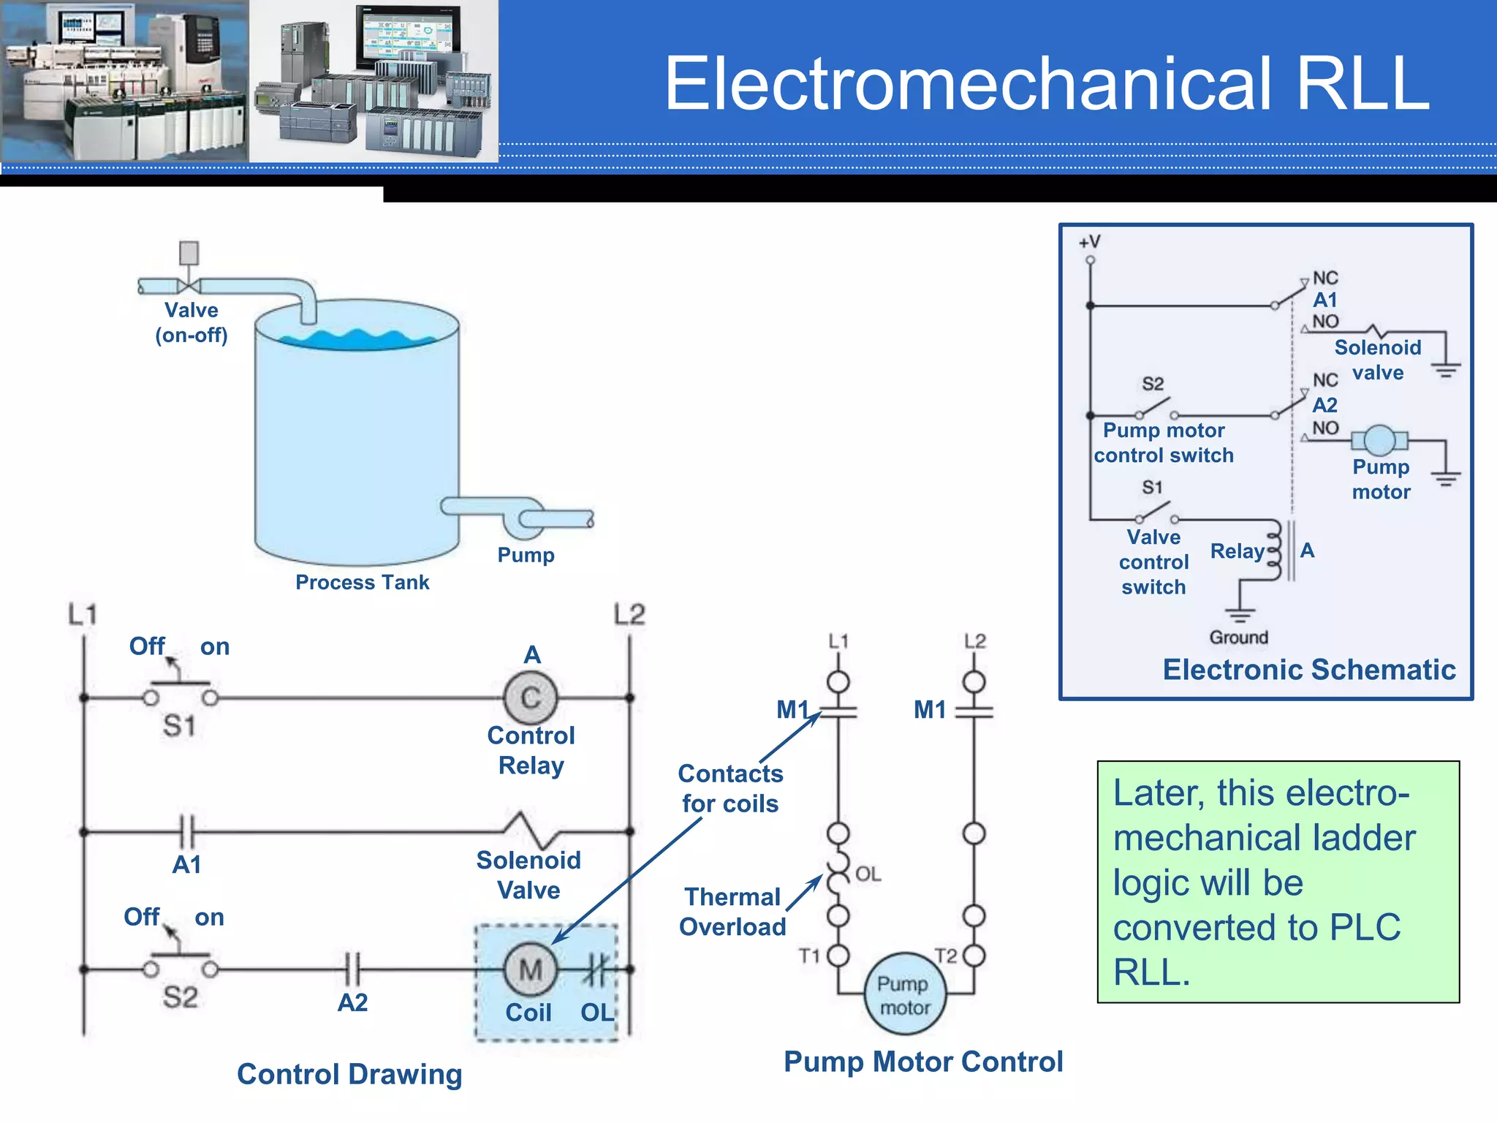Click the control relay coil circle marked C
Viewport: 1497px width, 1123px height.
tap(531, 698)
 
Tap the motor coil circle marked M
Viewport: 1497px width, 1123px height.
tap(531, 970)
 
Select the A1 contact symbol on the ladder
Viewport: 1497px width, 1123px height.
tap(188, 832)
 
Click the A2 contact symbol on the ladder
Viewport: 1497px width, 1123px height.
tap(353, 970)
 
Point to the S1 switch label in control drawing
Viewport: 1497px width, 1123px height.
tap(179, 726)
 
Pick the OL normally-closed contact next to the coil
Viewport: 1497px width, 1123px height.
tap(596, 970)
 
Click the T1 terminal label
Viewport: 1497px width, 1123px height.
tap(809, 956)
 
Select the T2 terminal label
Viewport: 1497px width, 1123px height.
tap(946, 956)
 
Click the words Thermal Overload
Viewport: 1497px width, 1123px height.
tap(732, 912)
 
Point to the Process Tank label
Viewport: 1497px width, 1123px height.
tap(362, 583)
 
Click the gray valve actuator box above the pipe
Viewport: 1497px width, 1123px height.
tap(189, 253)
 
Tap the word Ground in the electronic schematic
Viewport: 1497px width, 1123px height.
tap(1238, 638)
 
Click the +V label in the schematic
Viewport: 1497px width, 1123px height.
tap(1089, 242)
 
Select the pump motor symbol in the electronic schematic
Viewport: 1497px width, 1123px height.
tap(1379, 440)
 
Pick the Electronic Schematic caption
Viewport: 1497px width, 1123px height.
tap(1308, 670)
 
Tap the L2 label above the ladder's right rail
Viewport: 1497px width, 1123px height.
tap(629, 614)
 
